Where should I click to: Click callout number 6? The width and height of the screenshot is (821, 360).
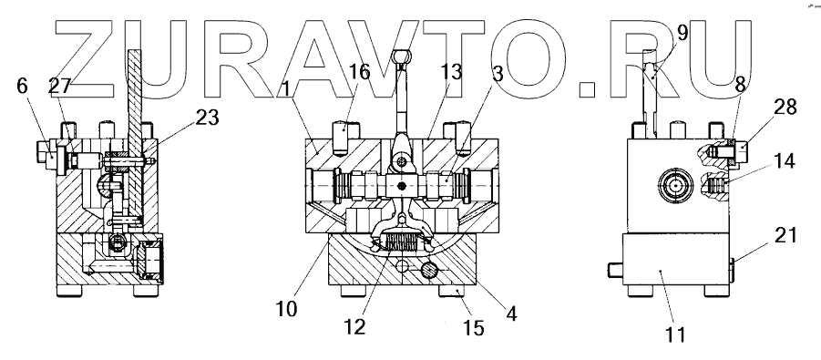[22, 86]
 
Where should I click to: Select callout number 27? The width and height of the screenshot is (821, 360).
[59, 86]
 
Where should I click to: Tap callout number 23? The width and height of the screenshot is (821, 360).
[207, 118]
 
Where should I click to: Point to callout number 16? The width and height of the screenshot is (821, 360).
[360, 72]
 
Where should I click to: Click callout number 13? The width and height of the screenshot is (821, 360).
[451, 72]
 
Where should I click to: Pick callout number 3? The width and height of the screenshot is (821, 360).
[497, 74]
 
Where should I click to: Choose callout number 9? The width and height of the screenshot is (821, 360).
[682, 33]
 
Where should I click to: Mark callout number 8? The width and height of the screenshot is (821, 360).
[739, 85]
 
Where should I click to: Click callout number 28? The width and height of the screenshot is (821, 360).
[784, 107]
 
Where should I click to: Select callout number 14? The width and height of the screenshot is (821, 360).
[784, 160]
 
